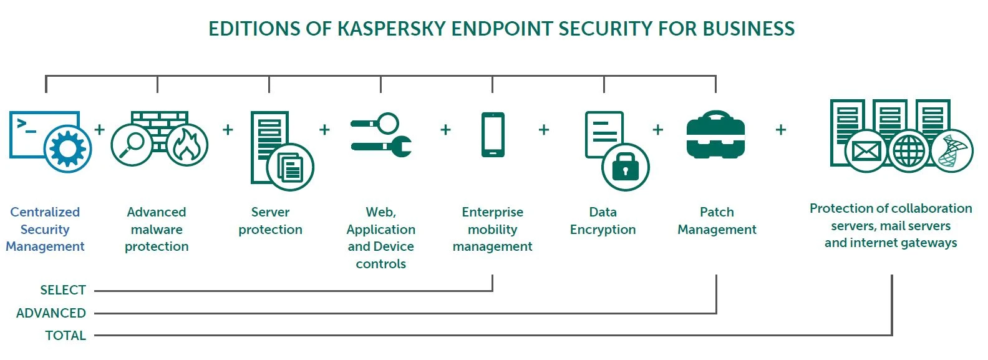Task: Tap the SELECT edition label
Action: coord(62,290)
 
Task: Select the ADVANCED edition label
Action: coord(51,313)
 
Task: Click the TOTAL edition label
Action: coord(65,336)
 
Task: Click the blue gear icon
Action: coord(67,149)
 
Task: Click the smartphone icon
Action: coord(493,134)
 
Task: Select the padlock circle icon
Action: coord(625,167)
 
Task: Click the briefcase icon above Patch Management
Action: coord(715,135)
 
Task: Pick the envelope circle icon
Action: coord(866,151)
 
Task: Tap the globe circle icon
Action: coord(909,151)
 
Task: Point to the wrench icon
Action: coord(382,147)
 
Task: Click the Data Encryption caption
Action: coord(603,221)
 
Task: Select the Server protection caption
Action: coord(270,221)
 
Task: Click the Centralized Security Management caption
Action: coord(45,229)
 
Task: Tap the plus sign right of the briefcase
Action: coord(780,130)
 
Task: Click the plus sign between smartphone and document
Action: coord(543,130)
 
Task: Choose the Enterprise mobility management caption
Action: coord(492,229)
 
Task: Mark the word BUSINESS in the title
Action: coord(748,29)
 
